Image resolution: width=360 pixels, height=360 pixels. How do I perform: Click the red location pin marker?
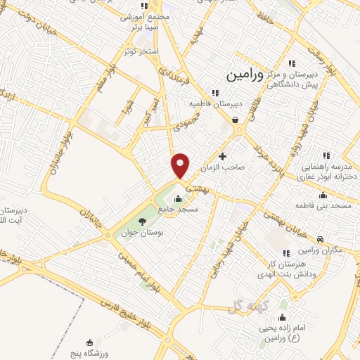click(x=181, y=165)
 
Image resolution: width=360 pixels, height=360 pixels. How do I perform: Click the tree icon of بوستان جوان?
click(x=142, y=222)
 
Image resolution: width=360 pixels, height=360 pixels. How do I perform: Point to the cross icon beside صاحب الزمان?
click(x=223, y=156)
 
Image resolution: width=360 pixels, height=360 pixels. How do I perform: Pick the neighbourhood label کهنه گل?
click(x=245, y=304)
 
